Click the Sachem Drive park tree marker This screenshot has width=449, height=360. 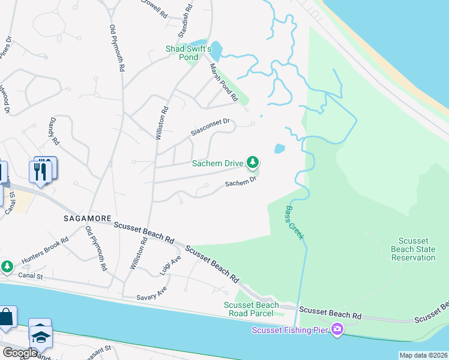pyautogui.click(x=253, y=162)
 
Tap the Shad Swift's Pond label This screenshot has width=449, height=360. pyautogui.click(x=190, y=53)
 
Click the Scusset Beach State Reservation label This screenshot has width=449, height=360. pyautogui.click(x=413, y=249)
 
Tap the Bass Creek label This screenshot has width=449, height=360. pyautogui.click(x=294, y=223)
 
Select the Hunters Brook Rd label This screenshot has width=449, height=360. pyautogui.click(x=45, y=250)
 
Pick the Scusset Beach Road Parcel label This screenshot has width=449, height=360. pyautogui.click(x=252, y=309)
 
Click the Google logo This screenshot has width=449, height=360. pyautogui.click(x=19, y=353)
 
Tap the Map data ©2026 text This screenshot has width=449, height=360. pyautogui.click(x=423, y=355)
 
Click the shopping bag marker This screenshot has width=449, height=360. pyautogui.click(x=5, y=317)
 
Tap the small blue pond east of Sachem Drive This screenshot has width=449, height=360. pyautogui.click(x=279, y=148)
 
